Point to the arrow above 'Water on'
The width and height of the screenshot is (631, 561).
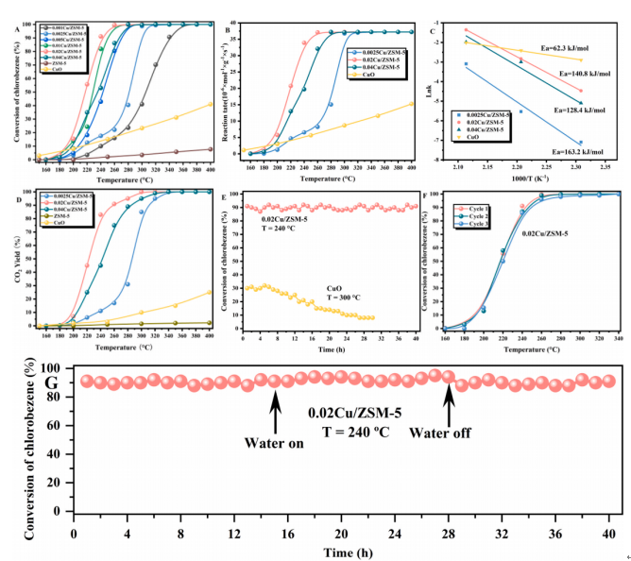click(x=275, y=412)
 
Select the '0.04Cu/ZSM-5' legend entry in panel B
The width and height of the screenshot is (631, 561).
click(x=360, y=66)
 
